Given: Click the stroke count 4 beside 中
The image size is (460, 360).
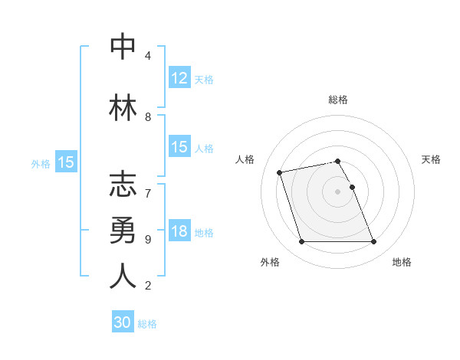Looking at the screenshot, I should (x=147, y=56).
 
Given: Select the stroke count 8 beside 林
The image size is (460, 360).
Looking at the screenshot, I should (x=147, y=117).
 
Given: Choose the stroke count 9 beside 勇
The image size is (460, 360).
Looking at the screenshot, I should (x=147, y=239).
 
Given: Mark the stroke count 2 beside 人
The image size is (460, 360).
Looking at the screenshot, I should (x=147, y=286).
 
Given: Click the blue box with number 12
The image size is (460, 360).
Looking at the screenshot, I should (x=179, y=78).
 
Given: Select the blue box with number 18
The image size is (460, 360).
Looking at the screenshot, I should (x=179, y=232).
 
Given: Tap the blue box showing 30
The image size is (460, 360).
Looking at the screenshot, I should (x=123, y=323).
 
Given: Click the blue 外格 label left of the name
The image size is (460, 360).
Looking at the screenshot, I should (x=41, y=162).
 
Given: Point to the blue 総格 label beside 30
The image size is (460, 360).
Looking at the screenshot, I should (x=148, y=324).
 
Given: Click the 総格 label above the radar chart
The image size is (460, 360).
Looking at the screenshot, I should (x=338, y=100).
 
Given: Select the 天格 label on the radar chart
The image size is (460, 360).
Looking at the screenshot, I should (x=432, y=159).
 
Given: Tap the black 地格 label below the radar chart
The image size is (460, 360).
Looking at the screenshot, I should (x=402, y=262).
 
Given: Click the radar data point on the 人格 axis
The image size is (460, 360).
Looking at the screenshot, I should (x=280, y=172).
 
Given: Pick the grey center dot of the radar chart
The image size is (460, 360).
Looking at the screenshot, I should (x=337, y=191).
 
